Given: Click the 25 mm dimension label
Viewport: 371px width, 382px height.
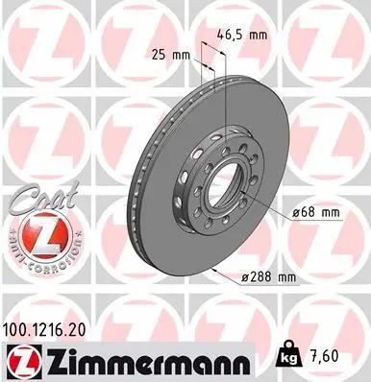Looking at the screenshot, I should click(x=168, y=54).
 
